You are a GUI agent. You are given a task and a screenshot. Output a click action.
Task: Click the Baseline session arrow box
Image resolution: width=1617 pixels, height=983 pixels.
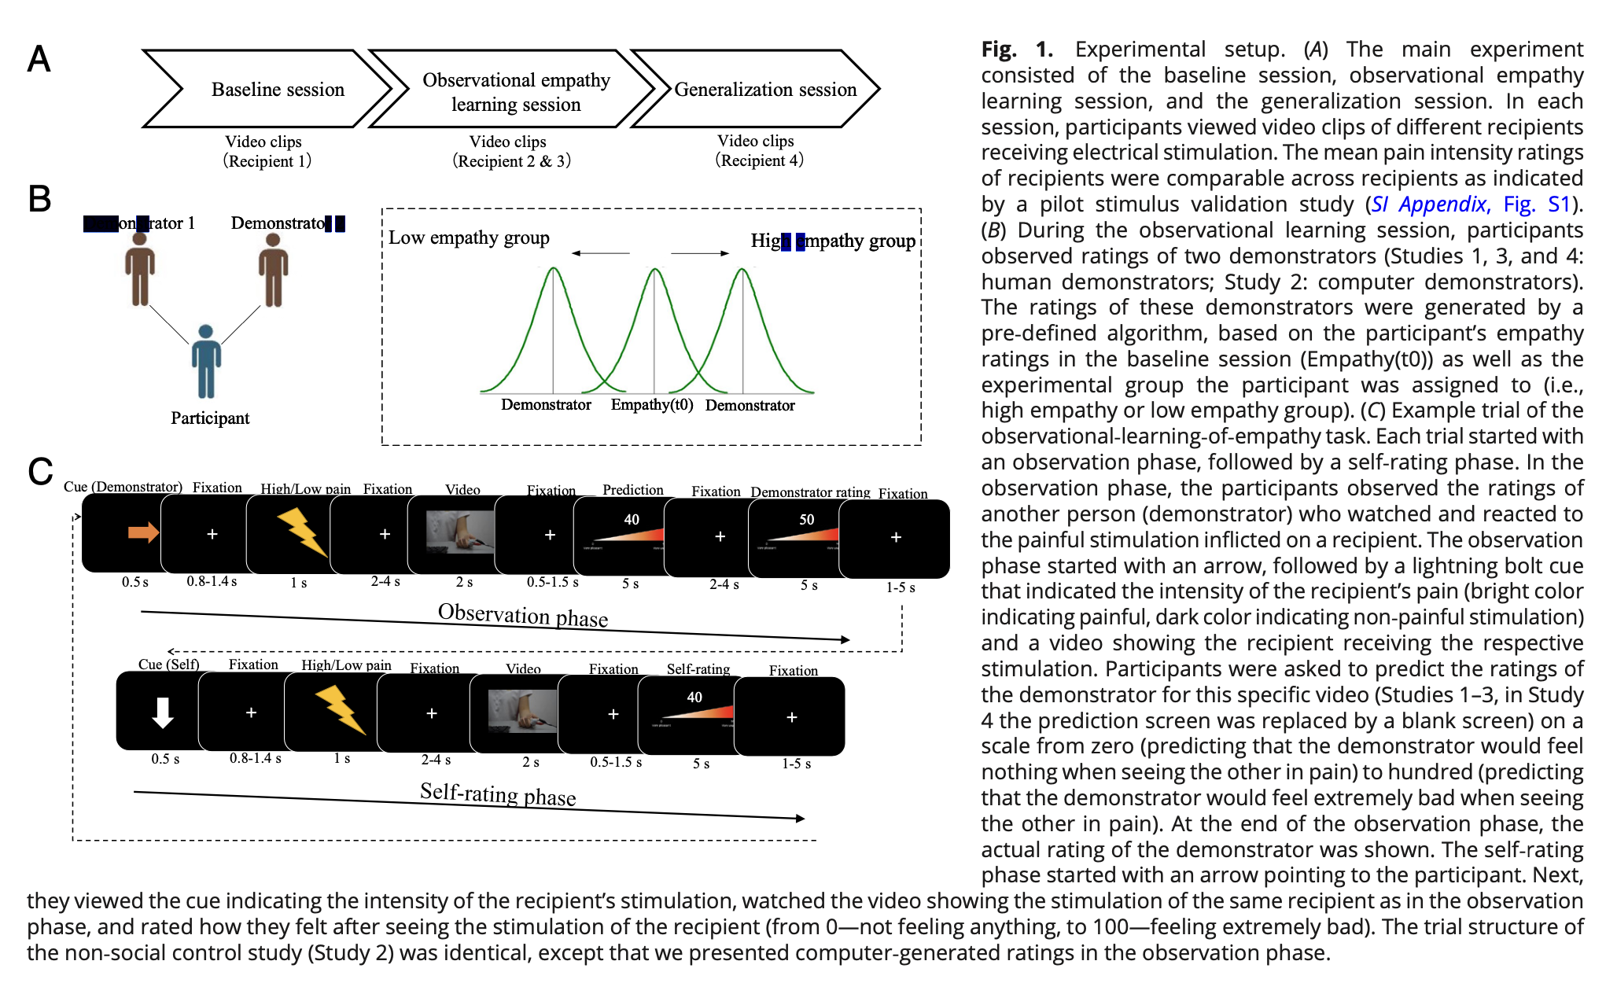[267, 89]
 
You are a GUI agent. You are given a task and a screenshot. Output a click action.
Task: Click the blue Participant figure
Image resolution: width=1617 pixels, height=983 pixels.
[206, 362]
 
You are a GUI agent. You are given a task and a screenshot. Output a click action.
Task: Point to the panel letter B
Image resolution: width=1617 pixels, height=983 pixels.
[39, 199]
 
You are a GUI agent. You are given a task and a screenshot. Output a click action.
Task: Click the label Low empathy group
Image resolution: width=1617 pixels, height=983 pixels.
[469, 237]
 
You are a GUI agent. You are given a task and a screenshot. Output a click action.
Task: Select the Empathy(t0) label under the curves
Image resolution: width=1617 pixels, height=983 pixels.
[652, 405]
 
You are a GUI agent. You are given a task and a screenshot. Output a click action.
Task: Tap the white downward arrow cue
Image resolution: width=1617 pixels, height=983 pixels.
[163, 712]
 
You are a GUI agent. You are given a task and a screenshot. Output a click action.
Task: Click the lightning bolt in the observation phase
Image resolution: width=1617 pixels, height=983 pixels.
[301, 532]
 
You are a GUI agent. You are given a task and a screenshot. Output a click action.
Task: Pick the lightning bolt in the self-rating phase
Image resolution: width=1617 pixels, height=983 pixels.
[340, 709]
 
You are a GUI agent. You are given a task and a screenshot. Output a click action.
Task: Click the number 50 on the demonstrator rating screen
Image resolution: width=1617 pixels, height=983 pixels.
[807, 520]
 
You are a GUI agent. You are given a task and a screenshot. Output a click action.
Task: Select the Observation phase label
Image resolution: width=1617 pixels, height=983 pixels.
[523, 614]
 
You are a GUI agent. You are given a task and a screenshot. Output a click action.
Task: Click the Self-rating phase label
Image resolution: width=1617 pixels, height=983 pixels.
[498, 793]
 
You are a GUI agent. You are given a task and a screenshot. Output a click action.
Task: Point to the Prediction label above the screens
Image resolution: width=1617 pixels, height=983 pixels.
[633, 490]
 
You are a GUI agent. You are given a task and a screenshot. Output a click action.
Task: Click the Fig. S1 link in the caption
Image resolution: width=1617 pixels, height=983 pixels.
[1536, 204]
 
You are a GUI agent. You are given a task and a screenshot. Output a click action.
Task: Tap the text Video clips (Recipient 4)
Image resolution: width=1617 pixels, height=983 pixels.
[757, 150]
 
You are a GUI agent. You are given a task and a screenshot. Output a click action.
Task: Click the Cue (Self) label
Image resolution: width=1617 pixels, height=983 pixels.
[168, 665]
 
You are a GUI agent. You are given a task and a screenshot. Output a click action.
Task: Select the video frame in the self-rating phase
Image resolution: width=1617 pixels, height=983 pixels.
[521, 711]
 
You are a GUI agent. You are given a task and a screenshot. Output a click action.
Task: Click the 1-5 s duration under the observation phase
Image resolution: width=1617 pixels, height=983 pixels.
[901, 587]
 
